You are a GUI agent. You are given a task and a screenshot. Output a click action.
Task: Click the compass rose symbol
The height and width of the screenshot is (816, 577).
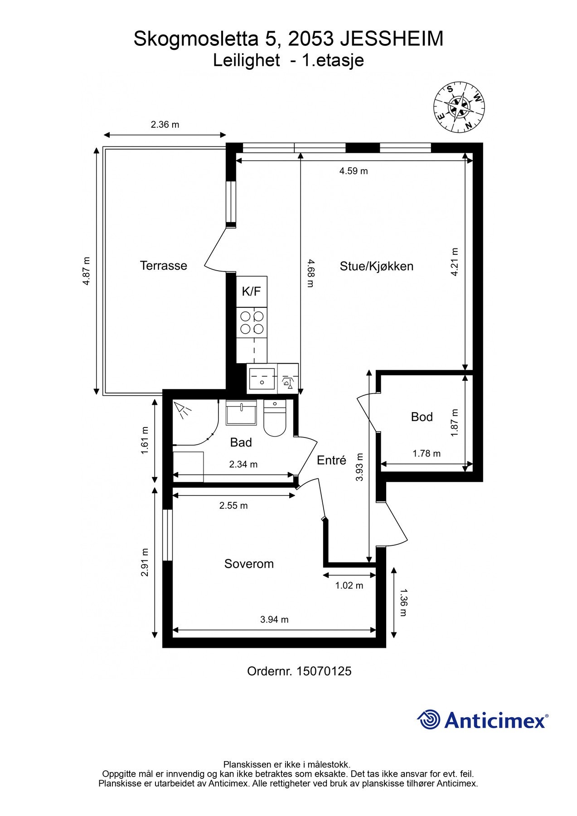coord(459,107)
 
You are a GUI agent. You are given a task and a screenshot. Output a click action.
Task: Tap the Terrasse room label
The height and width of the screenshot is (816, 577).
coord(163,266)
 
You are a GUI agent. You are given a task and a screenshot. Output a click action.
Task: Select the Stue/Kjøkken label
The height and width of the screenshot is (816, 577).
coord(376,266)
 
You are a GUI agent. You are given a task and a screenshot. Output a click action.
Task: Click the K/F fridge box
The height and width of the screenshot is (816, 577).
coord(252,291)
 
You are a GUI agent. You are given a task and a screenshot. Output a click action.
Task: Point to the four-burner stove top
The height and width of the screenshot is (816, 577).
coord(252,322)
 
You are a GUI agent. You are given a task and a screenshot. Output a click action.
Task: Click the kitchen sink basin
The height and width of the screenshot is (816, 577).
coord(262,378)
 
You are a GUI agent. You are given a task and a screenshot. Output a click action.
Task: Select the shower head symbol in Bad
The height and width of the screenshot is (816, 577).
coord(183,410)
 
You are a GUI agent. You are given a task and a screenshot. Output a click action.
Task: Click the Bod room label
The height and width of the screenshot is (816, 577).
coord(422,417)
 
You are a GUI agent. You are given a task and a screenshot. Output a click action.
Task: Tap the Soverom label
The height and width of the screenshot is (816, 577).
coord(249,563)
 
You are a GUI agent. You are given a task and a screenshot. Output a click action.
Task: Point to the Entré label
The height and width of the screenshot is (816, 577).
coord(331,460)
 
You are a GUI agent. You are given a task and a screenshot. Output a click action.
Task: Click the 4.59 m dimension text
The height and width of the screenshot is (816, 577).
coord(354,171)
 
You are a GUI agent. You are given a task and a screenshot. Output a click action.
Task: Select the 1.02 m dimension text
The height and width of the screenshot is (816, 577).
coord(349,585)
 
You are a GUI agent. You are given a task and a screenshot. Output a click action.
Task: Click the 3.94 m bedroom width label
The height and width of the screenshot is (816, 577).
coord(274,619)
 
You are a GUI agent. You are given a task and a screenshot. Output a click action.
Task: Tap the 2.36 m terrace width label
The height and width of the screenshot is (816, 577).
coord(165,124)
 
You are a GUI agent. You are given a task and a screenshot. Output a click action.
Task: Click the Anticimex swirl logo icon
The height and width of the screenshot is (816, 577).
coord(429,719)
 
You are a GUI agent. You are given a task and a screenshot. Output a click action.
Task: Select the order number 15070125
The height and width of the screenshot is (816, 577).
coord(324,671)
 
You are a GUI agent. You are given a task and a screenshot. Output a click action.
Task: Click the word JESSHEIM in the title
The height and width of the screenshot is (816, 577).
coord(392,39)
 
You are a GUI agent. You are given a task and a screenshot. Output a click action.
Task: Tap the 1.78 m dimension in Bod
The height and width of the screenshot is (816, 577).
coord(426,453)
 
